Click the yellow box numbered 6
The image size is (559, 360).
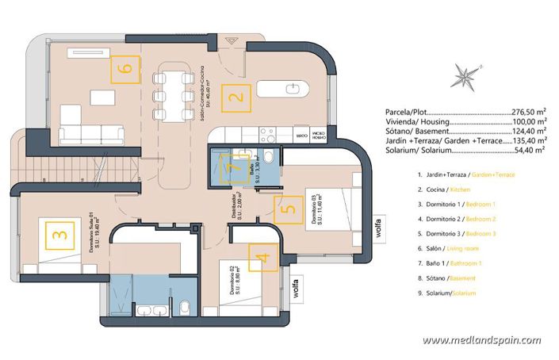(124, 68)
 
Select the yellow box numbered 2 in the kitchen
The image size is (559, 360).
(235, 99)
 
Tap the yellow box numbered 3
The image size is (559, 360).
(58, 236)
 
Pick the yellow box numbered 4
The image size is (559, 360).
(265, 258)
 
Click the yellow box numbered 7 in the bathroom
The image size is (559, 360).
(232, 168)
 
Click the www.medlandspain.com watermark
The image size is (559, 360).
(481, 340)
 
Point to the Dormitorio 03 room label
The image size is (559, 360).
(314, 210)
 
